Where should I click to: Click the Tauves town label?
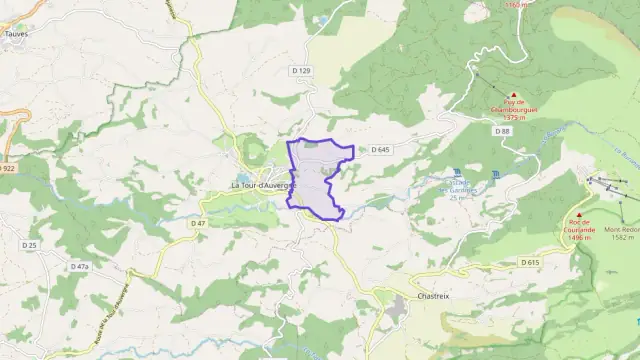pos(17,32)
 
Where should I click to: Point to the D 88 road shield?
pos(502,131)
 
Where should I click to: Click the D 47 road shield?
pos(198,223)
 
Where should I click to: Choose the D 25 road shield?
pos(29,245)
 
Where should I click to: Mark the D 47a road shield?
pos(79,267)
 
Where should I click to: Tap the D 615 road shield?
pos(529,262)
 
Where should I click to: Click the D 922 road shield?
pos(8,169)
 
